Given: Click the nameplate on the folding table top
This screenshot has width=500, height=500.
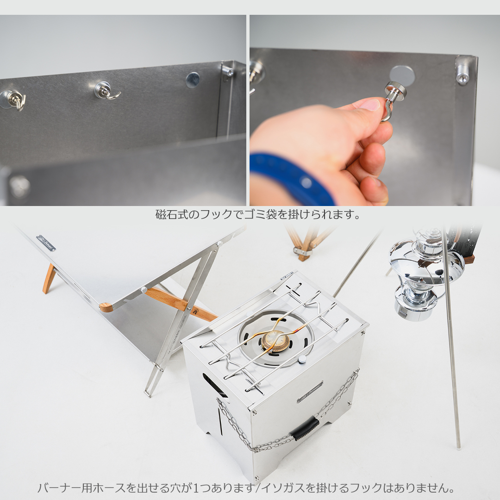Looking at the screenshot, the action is [46, 243].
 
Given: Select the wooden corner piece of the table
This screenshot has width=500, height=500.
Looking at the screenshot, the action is [106, 307].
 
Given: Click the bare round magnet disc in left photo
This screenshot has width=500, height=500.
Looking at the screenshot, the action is [193, 80].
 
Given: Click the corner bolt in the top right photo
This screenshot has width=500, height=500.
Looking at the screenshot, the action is [462, 73].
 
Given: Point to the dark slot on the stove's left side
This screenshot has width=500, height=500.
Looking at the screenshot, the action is [215, 385].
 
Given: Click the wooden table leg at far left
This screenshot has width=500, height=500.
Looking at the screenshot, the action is [49, 279].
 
